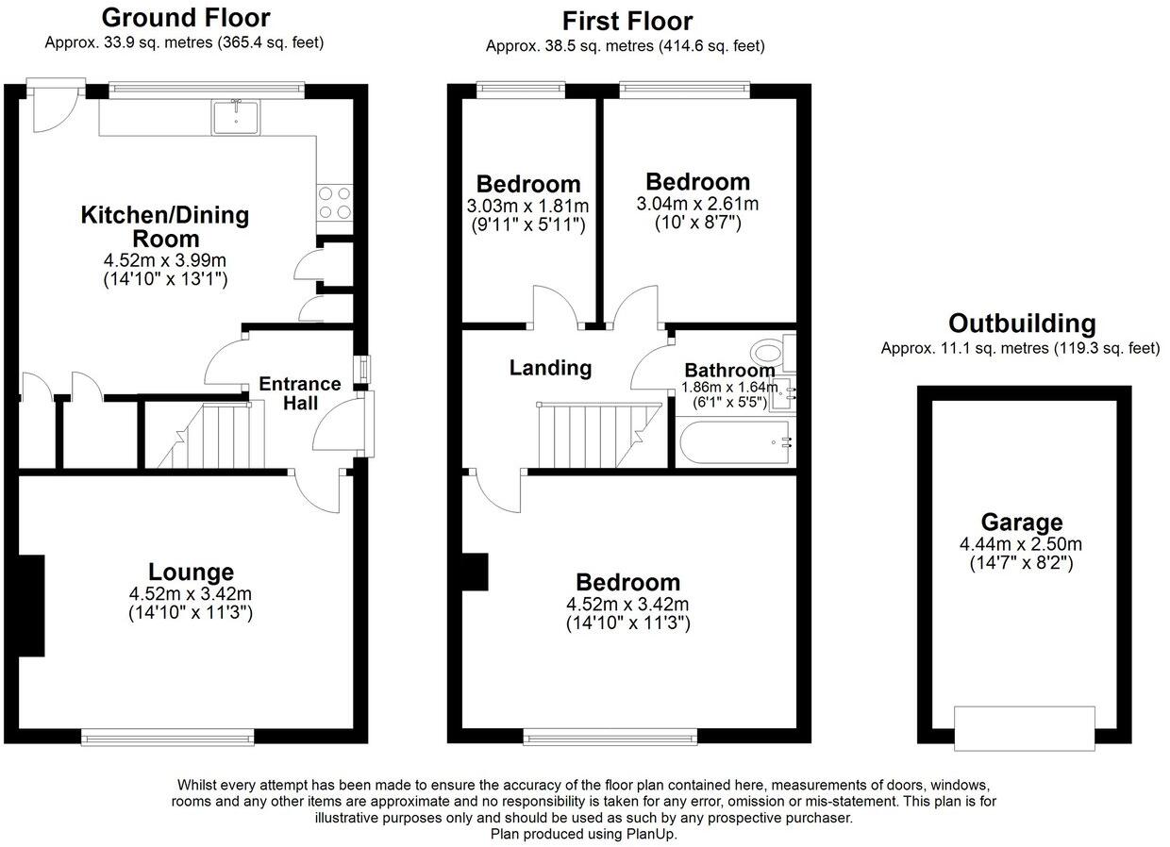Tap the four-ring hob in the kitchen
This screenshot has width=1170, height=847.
pos(336,202)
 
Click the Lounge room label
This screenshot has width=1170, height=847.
pos(191,572)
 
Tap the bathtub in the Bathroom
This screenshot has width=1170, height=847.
pos(734,442)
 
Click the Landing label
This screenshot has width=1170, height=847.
pos(550,368)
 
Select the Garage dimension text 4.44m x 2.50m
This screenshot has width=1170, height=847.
pos(1021,544)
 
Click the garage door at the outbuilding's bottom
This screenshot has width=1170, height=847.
pos(1024,728)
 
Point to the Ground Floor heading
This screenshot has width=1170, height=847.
pos(185,17)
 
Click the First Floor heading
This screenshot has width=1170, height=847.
pos(627,21)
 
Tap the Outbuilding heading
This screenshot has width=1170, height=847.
pos(1022,324)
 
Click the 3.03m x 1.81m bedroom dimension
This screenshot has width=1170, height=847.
pos(527,206)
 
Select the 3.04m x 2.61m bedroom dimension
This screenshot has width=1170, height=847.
pos(697,204)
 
